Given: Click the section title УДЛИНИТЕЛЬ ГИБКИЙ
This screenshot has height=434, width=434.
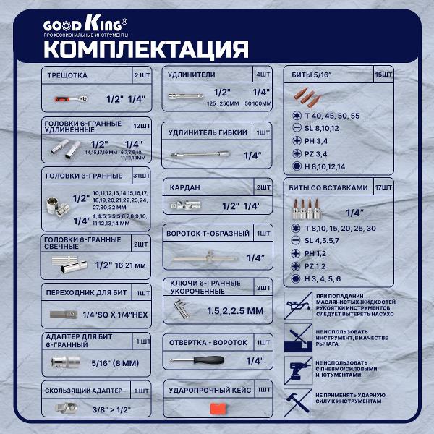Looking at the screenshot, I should [x=205, y=133].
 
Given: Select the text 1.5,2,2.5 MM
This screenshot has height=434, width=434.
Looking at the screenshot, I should [x=236, y=310].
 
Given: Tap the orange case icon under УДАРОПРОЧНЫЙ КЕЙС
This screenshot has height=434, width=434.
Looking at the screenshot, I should [x=218, y=408].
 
